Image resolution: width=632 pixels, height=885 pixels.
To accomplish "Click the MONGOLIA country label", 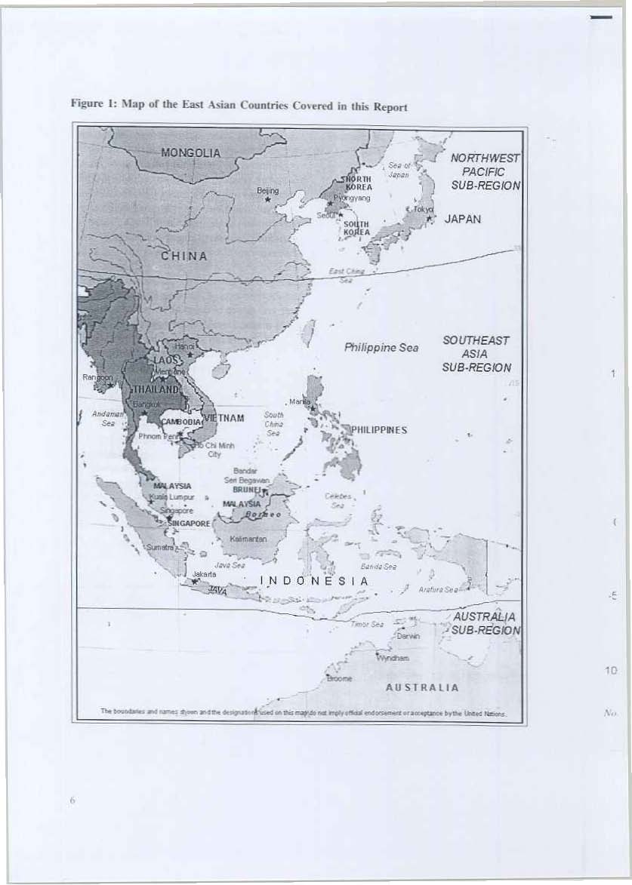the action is click(x=190, y=152).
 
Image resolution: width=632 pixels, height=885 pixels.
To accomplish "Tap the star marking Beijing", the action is click(x=267, y=200).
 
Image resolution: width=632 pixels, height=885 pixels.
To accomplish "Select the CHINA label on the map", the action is click(x=183, y=256).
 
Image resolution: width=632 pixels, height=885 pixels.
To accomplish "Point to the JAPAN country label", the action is click(x=463, y=219).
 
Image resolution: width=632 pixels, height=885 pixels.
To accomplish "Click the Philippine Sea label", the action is click(x=381, y=348).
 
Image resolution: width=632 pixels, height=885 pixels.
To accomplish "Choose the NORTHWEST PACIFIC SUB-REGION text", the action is click(x=484, y=171).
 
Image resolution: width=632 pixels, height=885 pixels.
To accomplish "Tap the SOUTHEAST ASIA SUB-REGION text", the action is click(x=476, y=354).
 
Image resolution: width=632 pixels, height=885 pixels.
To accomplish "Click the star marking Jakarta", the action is click(x=195, y=582).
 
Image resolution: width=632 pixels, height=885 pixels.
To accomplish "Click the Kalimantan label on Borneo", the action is click(x=245, y=539).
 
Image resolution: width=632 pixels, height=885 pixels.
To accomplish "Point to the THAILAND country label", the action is click(x=156, y=389).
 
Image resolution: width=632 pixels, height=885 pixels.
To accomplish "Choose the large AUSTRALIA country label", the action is click(x=421, y=687).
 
